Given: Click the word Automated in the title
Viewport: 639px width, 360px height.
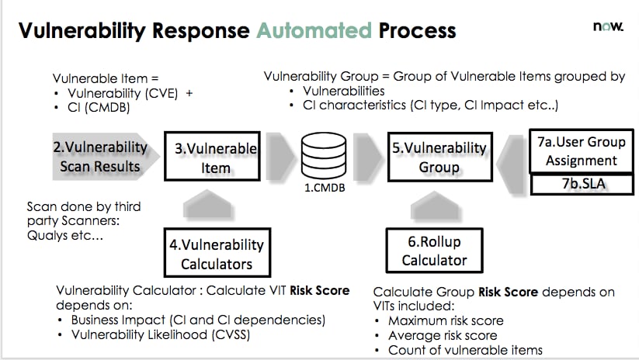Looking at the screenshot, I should (x=314, y=30).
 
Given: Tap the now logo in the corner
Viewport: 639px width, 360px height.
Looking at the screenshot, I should (x=608, y=26).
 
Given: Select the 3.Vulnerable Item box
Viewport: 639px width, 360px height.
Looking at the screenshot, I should (x=211, y=157).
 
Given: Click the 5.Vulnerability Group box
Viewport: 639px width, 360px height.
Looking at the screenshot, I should (x=439, y=157).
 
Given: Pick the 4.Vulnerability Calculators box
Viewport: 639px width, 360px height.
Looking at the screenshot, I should (x=217, y=254).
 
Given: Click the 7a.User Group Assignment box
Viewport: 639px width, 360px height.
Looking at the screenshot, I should (x=581, y=152).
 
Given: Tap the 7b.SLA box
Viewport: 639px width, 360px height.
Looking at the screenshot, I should (x=581, y=185).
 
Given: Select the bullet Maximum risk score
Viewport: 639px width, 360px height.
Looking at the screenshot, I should (x=446, y=320).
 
